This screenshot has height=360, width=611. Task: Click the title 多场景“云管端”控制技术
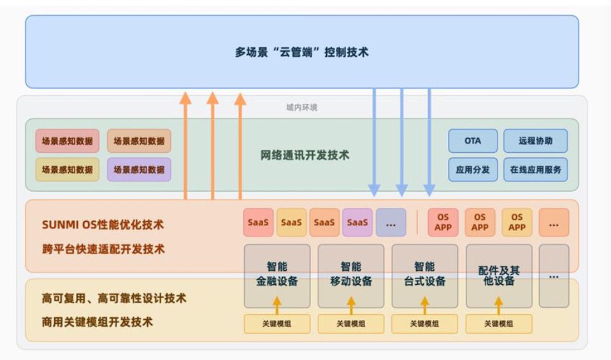(x=301, y=52)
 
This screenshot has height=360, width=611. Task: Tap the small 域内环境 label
(x=301, y=108)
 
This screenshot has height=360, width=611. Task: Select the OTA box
(x=473, y=141)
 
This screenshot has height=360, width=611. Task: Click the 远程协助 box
(x=535, y=141)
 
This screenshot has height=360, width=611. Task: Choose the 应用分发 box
(x=473, y=169)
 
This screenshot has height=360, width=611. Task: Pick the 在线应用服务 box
(x=535, y=169)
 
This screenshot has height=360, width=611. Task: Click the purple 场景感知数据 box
(x=139, y=169)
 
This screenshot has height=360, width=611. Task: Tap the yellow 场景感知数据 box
(x=67, y=169)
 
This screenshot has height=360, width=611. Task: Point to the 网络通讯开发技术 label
(x=305, y=155)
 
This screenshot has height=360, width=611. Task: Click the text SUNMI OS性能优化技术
(x=103, y=224)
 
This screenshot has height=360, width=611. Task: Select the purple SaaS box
(x=357, y=222)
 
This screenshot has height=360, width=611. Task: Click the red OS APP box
(x=443, y=222)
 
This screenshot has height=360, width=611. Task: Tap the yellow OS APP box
(x=517, y=222)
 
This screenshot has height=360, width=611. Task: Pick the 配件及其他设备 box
(x=498, y=275)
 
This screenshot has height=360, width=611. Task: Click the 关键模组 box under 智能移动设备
(x=350, y=324)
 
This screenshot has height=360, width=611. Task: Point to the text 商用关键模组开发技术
(x=97, y=322)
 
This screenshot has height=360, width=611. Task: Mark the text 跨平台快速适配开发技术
(x=103, y=249)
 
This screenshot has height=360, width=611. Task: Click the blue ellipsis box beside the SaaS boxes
(x=391, y=222)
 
